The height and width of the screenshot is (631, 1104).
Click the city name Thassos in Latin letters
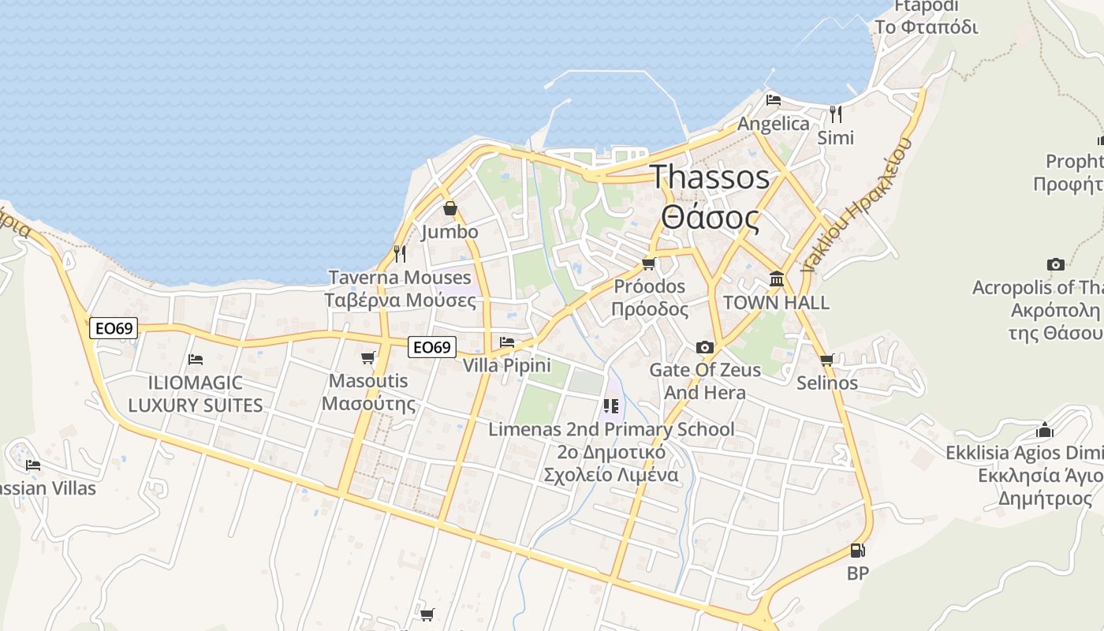tap(709, 177)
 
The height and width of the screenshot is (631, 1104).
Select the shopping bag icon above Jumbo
tap(449, 208)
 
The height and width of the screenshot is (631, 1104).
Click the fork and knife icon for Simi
tap(836, 114)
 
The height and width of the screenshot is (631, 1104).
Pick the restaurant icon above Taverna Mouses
tap(400, 253)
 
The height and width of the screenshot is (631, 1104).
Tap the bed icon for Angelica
tap(774, 100)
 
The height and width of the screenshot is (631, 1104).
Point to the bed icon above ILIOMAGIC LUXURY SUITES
tap(196, 360)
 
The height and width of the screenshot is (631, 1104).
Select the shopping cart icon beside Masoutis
tap(367, 358)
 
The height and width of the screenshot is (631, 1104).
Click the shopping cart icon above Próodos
tap(649, 263)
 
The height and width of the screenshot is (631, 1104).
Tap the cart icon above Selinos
tap(826, 360)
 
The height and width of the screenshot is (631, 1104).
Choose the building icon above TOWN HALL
tap(777, 279)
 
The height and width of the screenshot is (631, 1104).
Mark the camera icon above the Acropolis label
tap(1055, 264)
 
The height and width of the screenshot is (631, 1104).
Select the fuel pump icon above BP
tap(857, 551)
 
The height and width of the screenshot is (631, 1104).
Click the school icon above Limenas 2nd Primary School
tap(610, 406)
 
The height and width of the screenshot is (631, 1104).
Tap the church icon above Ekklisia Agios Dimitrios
tap(1045, 430)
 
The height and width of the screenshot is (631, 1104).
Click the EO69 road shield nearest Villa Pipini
tap(433, 347)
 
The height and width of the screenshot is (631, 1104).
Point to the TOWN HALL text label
tap(776, 303)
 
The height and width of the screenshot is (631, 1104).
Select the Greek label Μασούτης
tap(369, 404)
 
